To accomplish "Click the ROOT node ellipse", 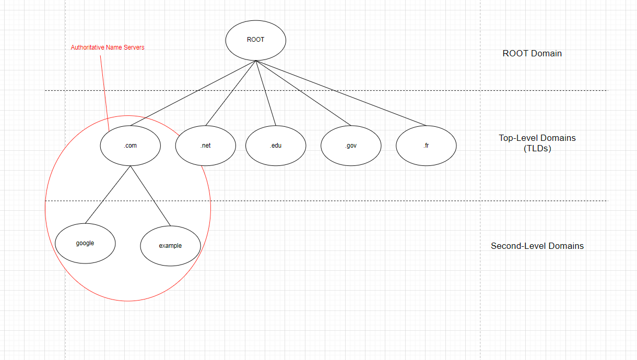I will click(x=255, y=40).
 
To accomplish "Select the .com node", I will click(x=130, y=146).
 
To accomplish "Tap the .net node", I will click(x=205, y=146).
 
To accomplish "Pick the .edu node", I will click(x=276, y=146).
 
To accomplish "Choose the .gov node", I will click(x=351, y=146).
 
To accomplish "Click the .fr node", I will click(x=426, y=146).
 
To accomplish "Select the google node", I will click(x=85, y=243).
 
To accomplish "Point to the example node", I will click(x=170, y=245).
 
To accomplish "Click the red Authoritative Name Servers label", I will click(x=108, y=47).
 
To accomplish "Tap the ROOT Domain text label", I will click(x=532, y=53).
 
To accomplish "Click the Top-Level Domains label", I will click(x=537, y=138).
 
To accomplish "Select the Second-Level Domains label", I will click(x=537, y=246).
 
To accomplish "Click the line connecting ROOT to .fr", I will click(x=340, y=93).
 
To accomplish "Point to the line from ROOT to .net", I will click(x=230, y=93).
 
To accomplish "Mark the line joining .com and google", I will click(x=108, y=195).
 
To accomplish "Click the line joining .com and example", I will click(x=150, y=196).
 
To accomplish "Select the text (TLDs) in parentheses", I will click(x=537, y=148).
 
